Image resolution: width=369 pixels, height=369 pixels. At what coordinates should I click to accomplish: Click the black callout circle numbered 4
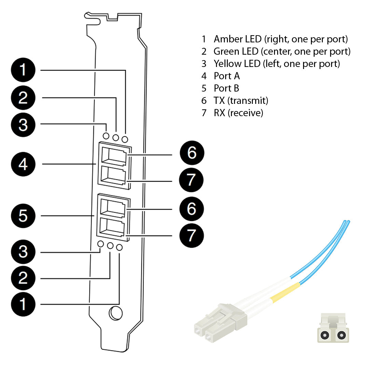(x=23, y=164)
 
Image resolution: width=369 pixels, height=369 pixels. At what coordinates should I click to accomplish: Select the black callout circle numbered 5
(x=23, y=216)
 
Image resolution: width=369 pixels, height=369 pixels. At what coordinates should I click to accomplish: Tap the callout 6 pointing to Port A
(x=192, y=153)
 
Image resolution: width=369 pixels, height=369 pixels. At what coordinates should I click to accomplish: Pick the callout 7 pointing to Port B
(x=192, y=235)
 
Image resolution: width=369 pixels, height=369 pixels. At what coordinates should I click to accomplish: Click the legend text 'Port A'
(x=227, y=76)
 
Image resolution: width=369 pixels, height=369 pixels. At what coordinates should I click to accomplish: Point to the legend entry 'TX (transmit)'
(x=241, y=100)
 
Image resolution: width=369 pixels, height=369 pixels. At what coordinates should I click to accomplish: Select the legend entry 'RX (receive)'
(x=238, y=113)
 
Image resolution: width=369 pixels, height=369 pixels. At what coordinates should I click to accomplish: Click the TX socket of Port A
(x=114, y=156)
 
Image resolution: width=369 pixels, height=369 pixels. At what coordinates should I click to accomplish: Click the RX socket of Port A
(x=114, y=176)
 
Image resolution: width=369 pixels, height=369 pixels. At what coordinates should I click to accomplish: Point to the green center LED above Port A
(x=115, y=138)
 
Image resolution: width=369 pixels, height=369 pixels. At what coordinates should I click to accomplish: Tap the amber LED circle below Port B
(x=119, y=247)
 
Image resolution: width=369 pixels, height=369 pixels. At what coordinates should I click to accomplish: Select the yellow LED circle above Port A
(x=106, y=136)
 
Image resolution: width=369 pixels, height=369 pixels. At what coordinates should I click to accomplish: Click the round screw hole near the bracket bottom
(x=116, y=313)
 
